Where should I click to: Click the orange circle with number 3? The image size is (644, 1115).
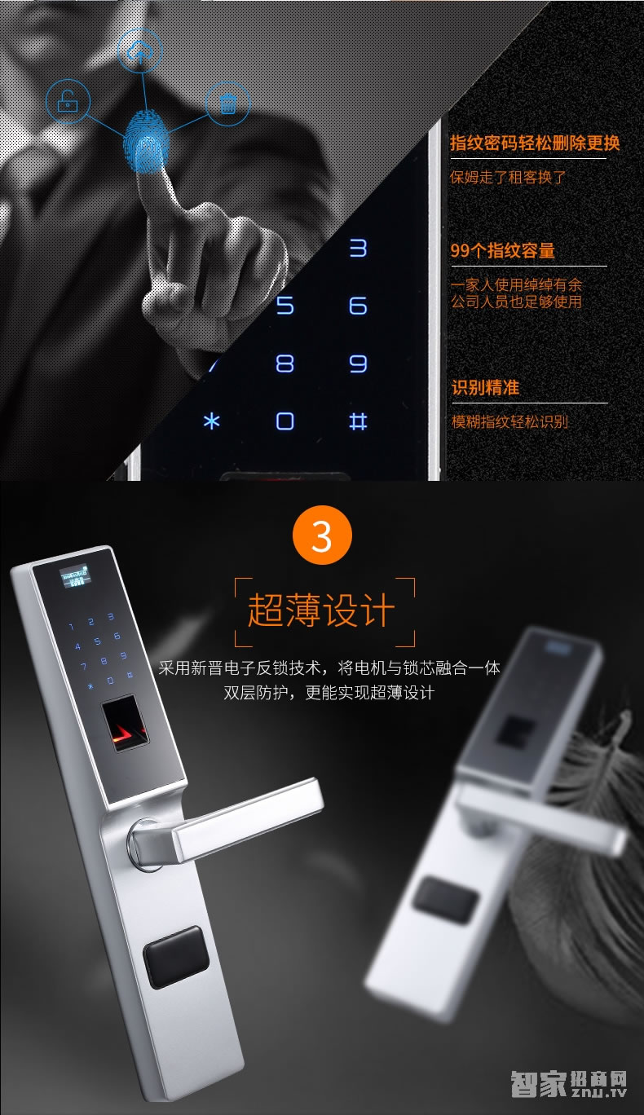pyautogui.click(x=322, y=536)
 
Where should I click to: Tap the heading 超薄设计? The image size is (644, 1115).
pyautogui.click(x=322, y=611)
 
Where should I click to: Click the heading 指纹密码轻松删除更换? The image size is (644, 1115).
pyautogui.click(x=535, y=143)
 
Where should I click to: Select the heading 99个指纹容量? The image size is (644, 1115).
pyautogui.click(x=503, y=250)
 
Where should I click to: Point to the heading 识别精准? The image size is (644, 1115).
pyautogui.click(x=486, y=388)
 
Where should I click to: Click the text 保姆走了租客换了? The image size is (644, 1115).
pyautogui.click(x=508, y=177)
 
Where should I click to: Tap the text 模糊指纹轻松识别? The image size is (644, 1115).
pyautogui.click(x=510, y=421)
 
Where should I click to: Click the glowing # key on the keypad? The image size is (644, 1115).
pyautogui.click(x=358, y=421)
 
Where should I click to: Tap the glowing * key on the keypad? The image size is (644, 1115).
pyautogui.click(x=212, y=421)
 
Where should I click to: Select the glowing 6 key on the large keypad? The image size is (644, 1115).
pyautogui.click(x=358, y=306)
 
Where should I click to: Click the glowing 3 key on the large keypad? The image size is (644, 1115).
pyautogui.click(x=358, y=249)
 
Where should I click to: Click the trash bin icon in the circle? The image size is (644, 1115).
pyautogui.click(x=228, y=104)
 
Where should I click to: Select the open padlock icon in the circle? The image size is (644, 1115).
pyautogui.click(x=68, y=101)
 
